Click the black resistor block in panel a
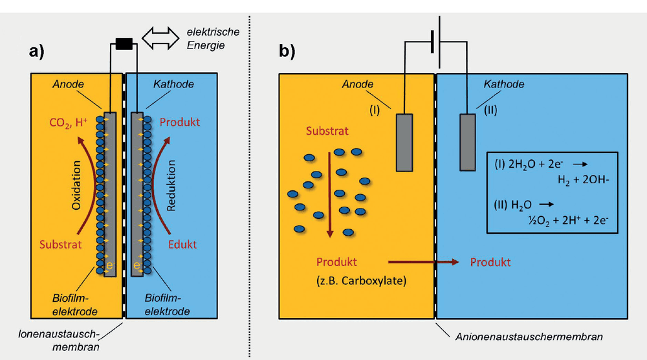(x=124, y=44)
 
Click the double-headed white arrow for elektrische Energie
(x=160, y=38)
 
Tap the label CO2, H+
(x=68, y=122)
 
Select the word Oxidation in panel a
(x=76, y=185)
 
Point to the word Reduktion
(x=171, y=185)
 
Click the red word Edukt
(x=182, y=244)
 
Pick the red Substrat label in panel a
(x=61, y=244)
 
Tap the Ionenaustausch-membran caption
(x=59, y=340)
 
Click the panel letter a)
(x=36, y=52)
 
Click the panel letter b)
(x=287, y=51)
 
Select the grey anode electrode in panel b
(x=404, y=142)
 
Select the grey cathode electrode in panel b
(x=468, y=142)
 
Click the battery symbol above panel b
(x=435, y=42)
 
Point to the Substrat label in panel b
(x=327, y=131)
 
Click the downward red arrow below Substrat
(x=329, y=195)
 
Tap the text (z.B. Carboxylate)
(x=362, y=281)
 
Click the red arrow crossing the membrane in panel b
(x=423, y=262)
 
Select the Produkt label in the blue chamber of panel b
(x=490, y=262)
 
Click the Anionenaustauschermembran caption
(x=529, y=337)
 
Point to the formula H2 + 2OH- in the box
(x=584, y=180)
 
